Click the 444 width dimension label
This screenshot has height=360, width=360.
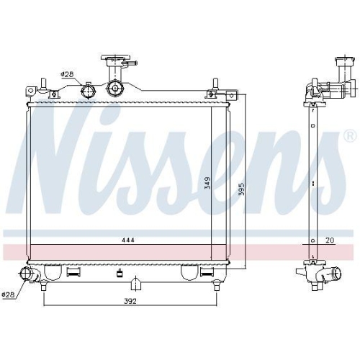tap(127, 239)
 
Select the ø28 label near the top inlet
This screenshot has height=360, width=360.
tap(67, 74)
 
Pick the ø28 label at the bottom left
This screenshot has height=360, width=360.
tap(8, 294)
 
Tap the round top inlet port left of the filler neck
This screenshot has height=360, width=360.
tap(89, 91)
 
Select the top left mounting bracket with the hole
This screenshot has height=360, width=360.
tap(31, 91)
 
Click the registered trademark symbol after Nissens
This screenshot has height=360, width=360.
tap(349, 135)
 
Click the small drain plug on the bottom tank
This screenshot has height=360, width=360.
tap(119, 273)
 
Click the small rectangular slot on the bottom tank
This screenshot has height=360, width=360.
tap(73, 273)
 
